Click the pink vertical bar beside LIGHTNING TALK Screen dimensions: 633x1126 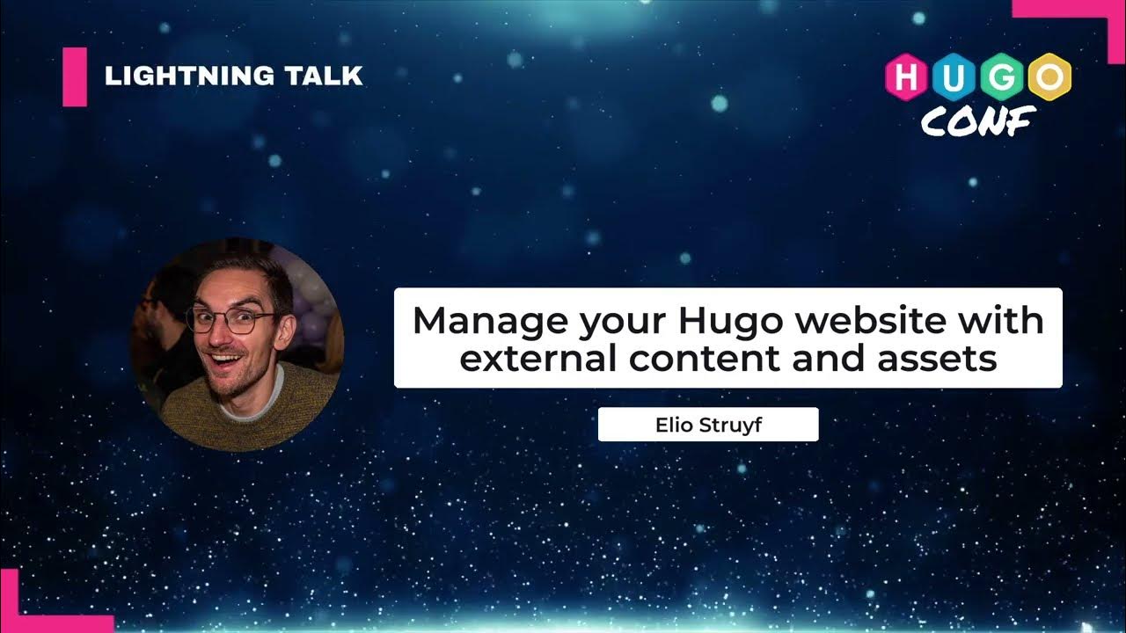75,76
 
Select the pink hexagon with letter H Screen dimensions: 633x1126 907,77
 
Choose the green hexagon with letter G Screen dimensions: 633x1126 1002,77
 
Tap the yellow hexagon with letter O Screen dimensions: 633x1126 1049,77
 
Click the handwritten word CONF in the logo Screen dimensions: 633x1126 977,120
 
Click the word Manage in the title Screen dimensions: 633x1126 490,320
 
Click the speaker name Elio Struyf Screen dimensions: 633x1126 708,425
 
